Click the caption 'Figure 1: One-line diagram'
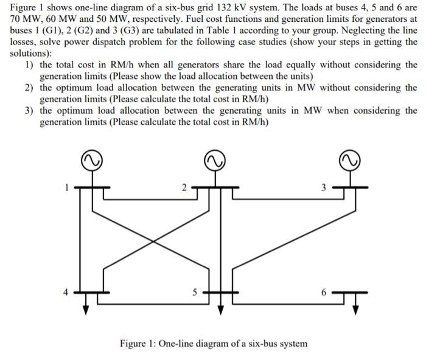pyautogui.click(x=213, y=344)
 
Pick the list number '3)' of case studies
pyautogui.click(x=29, y=111)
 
